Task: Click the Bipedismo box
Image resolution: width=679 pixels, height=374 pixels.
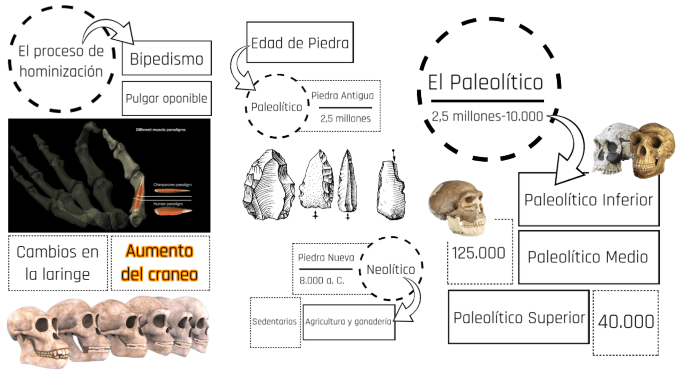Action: (166, 58)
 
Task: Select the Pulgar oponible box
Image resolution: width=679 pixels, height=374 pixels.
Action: (166, 98)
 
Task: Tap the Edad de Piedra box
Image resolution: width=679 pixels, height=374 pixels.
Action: (300, 43)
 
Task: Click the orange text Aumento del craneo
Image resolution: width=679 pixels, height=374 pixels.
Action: (160, 262)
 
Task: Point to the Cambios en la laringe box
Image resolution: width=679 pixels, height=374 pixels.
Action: (58, 262)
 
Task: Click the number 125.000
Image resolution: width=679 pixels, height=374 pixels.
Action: (479, 253)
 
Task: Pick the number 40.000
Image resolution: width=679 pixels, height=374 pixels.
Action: (626, 322)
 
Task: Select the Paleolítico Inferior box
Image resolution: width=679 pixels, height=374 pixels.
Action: (588, 200)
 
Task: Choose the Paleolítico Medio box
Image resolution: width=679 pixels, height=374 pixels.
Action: (588, 257)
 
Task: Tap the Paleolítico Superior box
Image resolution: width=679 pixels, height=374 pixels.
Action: (519, 318)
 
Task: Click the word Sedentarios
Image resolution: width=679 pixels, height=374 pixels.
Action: (274, 321)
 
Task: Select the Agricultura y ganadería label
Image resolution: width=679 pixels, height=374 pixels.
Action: (348, 321)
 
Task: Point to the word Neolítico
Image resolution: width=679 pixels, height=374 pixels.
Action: (391, 270)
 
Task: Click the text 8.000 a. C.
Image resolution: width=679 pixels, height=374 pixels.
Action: (322, 280)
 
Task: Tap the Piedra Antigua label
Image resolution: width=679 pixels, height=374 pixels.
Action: (342, 96)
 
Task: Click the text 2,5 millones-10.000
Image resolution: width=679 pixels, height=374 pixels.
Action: (487, 116)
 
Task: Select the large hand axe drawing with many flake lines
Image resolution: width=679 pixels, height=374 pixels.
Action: (268, 185)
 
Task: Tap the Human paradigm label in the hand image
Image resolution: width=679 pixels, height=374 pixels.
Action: (168, 204)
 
